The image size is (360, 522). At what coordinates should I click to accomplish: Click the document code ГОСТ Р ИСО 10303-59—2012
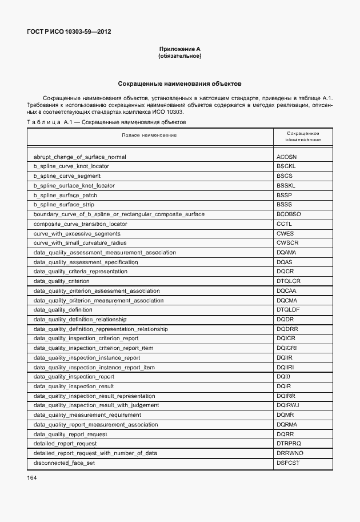click(68, 31)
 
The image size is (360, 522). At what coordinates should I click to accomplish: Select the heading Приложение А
click(179, 50)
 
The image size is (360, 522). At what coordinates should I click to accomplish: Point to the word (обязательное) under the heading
click(179, 56)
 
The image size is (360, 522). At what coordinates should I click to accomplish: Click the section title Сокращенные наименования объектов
click(179, 83)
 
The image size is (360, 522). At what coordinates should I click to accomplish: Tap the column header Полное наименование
click(149, 135)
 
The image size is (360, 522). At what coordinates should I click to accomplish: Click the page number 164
click(32, 477)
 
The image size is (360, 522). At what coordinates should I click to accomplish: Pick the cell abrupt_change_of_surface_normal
click(79, 157)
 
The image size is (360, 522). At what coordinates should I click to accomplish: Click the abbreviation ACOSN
click(287, 157)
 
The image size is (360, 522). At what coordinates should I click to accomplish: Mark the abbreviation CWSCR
click(287, 243)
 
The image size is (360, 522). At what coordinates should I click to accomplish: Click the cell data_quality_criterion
click(62, 281)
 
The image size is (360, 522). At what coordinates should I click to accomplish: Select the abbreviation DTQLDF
click(288, 310)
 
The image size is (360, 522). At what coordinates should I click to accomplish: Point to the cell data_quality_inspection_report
click(74, 377)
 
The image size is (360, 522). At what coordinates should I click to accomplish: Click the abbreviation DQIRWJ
click(288, 405)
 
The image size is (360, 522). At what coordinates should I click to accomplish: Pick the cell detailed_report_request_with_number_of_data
click(94, 453)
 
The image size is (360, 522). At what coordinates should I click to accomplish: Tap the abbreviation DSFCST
click(288, 463)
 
